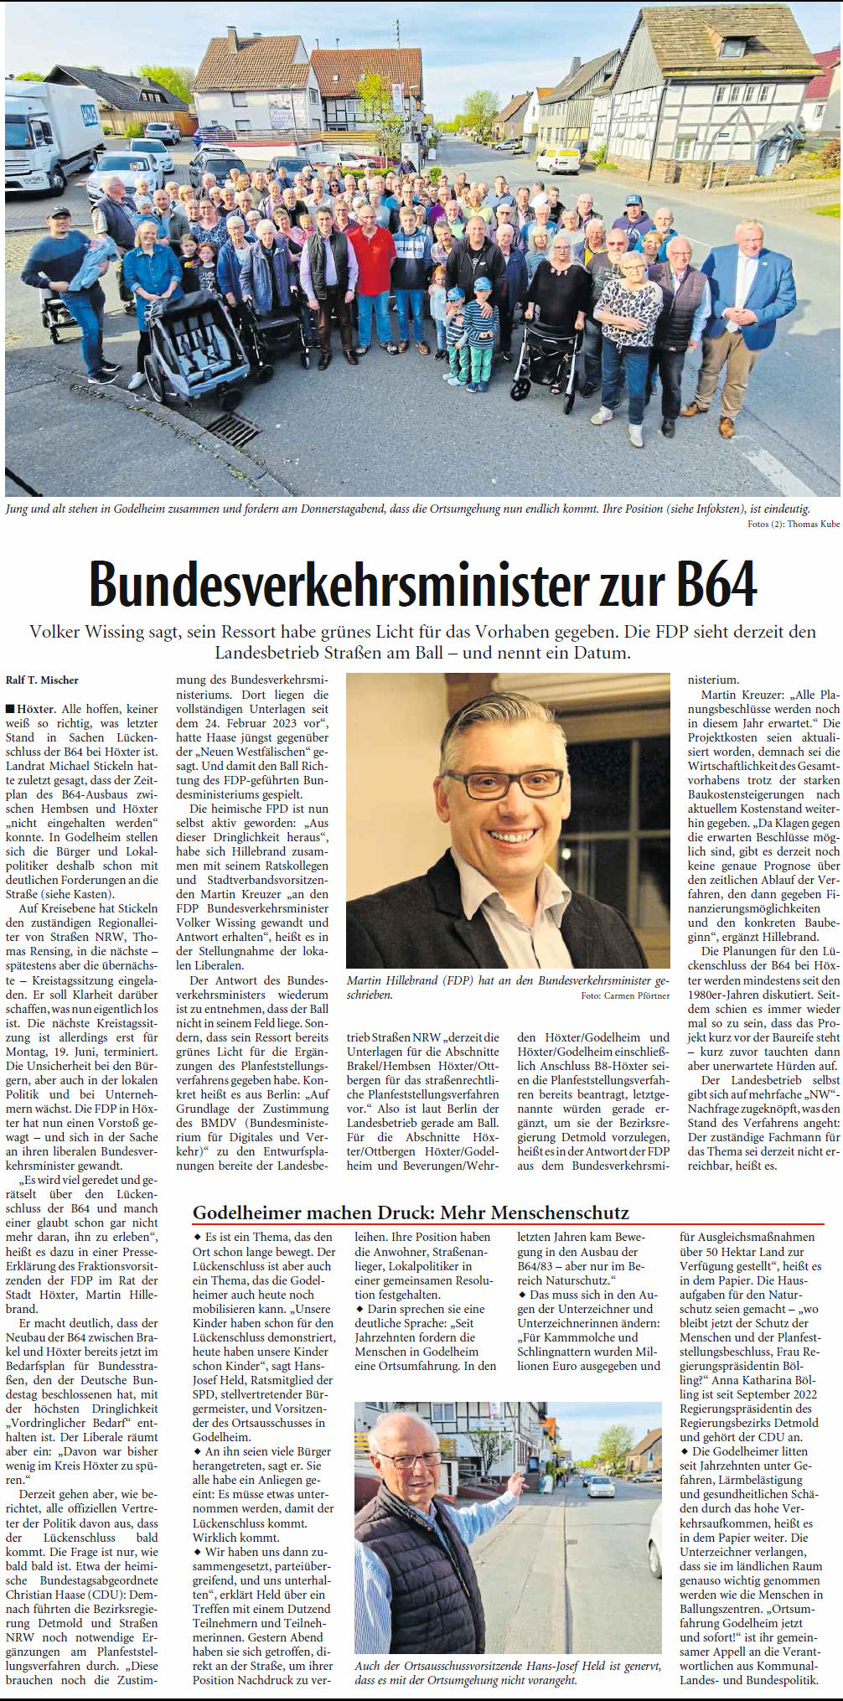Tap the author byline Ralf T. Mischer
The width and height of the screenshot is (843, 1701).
[x=42, y=680]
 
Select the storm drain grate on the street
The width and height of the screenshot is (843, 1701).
[x=232, y=429]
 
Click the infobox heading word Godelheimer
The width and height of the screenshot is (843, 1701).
[x=246, y=1212]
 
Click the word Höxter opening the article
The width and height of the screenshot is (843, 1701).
[x=36, y=709]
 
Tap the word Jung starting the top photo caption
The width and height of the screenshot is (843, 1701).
[x=17, y=509]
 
